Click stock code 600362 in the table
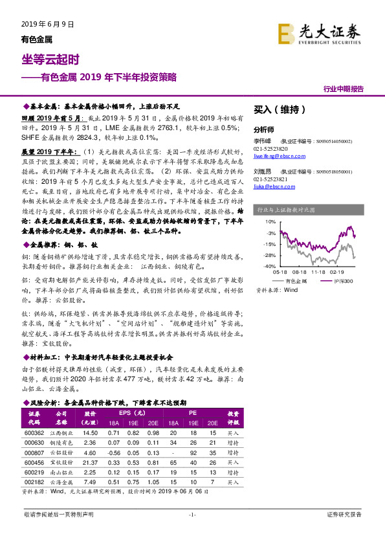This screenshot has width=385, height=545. tap(34, 432)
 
